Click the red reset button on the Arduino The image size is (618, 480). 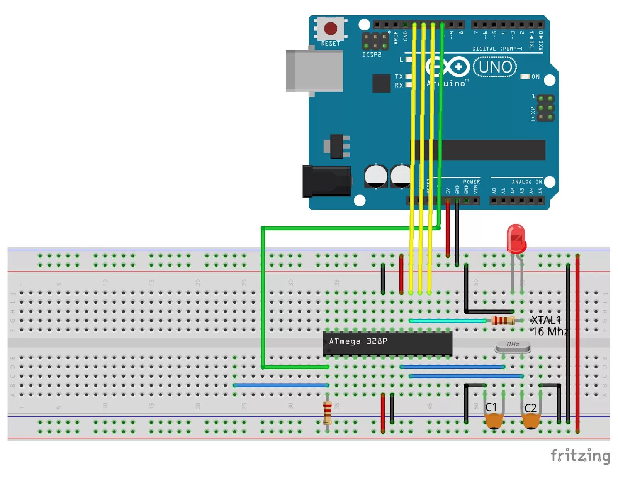(330, 28)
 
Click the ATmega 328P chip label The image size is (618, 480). (358, 341)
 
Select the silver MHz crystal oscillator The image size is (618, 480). (513, 347)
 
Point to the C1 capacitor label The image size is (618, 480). (491, 407)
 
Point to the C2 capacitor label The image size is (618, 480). (530, 408)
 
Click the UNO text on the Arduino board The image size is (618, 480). (495, 67)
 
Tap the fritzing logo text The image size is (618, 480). (580, 456)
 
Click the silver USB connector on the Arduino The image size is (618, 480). (314, 71)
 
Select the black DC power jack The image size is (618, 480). (327, 181)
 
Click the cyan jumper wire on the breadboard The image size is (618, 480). (447, 321)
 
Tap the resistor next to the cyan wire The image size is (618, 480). (503, 320)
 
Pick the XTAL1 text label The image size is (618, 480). (546, 320)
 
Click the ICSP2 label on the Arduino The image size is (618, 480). (372, 55)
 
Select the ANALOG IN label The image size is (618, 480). (527, 182)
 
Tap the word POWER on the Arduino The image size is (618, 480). (472, 182)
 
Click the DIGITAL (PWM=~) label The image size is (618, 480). (497, 49)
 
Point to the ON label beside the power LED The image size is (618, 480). (535, 77)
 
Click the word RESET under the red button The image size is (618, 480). (331, 44)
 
